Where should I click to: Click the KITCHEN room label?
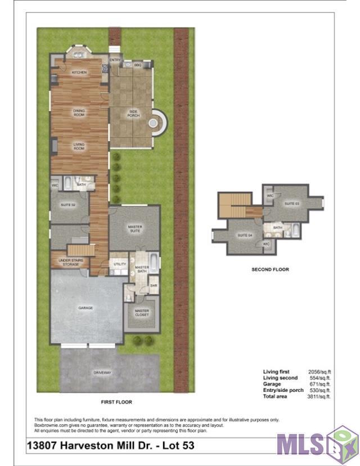79,73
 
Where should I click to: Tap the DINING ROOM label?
79,113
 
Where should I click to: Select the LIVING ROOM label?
79,146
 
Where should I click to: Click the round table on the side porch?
154,122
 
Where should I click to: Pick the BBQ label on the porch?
137,66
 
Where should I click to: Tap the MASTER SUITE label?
135,228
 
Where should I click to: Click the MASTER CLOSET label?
142,313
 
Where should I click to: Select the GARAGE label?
85,308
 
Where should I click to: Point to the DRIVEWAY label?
102,373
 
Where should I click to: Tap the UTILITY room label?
120,263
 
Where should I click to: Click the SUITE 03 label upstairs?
292,203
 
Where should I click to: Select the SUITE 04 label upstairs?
244,235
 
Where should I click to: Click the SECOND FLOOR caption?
270,270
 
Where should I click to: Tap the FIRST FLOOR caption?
116,402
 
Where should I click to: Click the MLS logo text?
301,443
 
